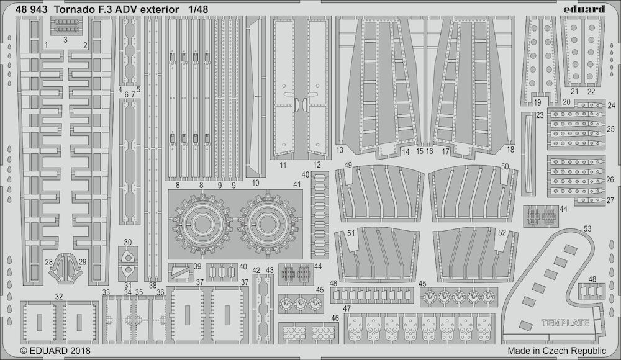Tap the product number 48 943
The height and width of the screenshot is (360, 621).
pyautogui.click(x=32, y=9)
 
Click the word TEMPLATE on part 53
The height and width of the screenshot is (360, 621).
pyautogui.click(x=565, y=323)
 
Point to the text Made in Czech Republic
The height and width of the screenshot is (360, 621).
pyautogui.click(x=557, y=351)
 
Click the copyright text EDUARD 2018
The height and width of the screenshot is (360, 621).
pyautogui.click(x=55, y=351)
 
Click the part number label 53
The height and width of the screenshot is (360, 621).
pyautogui.click(x=587, y=228)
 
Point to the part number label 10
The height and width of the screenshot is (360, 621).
pyautogui.click(x=255, y=183)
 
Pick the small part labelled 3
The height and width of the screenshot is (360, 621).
pyautogui.click(x=65, y=25)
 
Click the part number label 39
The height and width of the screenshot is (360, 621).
pyautogui.click(x=197, y=266)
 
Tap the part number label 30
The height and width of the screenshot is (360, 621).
pyautogui.click(x=127, y=242)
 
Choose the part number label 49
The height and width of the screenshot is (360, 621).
pyautogui.click(x=348, y=165)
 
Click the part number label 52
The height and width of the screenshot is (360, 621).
pyautogui.click(x=502, y=233)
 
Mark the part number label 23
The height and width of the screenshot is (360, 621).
pyautogui.click(x=540, y=115)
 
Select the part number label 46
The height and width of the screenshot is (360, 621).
pyautogui.click(x=335, y=318)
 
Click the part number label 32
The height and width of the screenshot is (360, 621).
pyautogui.click(x=59, y=296)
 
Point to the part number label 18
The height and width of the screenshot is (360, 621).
pyautogui.click(x=510, y=150)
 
